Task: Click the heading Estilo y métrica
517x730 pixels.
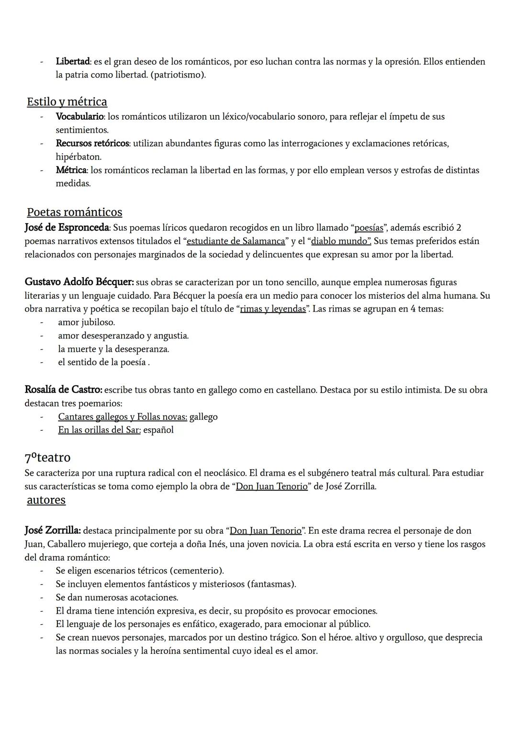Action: (67, 102)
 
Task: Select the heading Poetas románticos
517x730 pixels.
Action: (74, 212)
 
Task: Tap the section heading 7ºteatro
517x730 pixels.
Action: (47, 458)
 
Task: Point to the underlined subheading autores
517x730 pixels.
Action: (46, 500)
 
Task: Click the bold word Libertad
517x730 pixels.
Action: (73, 62)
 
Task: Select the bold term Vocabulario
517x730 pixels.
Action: (79, 116)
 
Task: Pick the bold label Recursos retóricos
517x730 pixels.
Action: (92, 143)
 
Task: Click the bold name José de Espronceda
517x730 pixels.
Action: (67, 227)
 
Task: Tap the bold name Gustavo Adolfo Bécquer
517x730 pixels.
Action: (79, 282)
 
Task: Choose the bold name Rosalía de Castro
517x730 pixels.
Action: (63, 390)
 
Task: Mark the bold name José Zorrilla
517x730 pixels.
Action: (53, 530)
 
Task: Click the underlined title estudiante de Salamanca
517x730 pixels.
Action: (236, 241)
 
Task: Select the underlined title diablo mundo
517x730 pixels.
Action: (341, 241)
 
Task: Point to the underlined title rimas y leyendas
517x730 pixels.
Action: (273, 309)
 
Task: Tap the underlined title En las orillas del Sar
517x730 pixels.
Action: (99, 430)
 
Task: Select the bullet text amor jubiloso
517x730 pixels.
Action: (86, 322)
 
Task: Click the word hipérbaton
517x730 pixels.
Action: (79, 157)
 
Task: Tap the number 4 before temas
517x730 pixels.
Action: (413, 309)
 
